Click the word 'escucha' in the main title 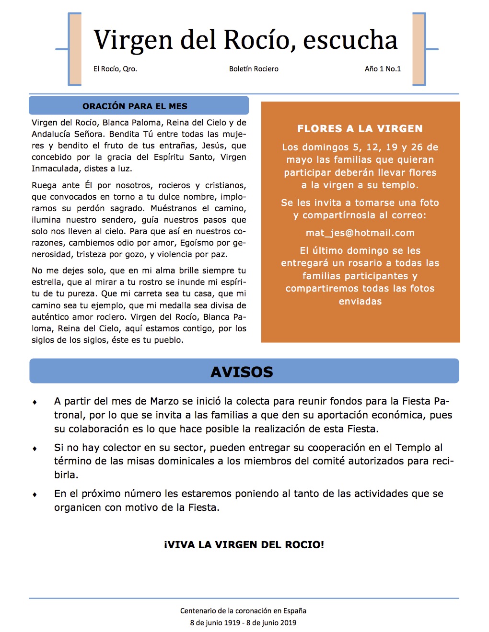click(350, 40)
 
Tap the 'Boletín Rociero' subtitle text click(254, 69)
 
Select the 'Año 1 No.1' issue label click(383, 69)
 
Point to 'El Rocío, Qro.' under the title click(115, 69)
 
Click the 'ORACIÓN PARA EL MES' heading click(135, 106)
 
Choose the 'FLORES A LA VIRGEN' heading click(360, 129)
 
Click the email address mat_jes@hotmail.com click(360, 233)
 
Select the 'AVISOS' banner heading click(242, 372)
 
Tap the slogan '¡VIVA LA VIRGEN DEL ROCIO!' click(244, 545)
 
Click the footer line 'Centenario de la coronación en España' click(243, 611)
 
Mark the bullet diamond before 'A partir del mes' click(35, 402)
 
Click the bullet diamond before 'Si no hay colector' click(35, 449)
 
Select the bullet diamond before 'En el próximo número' click(35, 495)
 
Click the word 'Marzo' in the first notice click(165, 401)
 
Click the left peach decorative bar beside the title click(75, 49)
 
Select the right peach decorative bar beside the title click(419, 49)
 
